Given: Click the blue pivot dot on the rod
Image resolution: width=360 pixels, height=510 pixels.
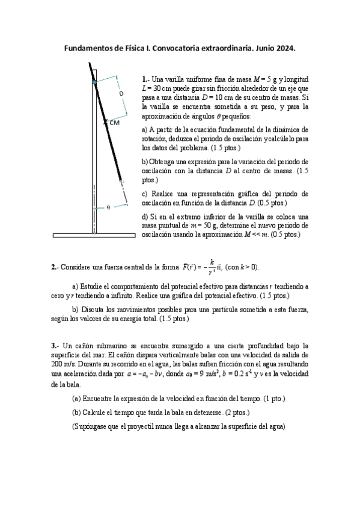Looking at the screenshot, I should (94, 80).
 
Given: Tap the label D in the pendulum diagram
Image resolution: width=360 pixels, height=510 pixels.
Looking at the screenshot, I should (121, 94).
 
